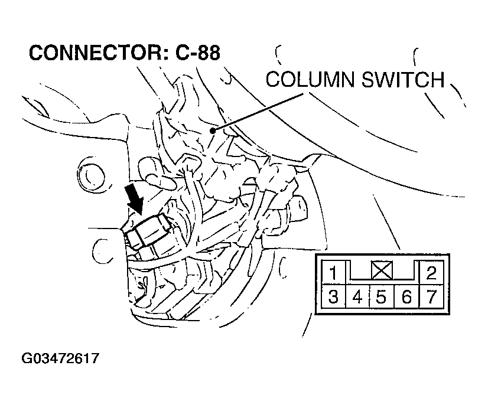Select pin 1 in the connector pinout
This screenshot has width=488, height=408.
pyautogui.click(x=333, y=273)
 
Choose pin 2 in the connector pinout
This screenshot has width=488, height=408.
pyautogui.click(x=431, y=273)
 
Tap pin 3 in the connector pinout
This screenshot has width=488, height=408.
pyautogui.click(x=333, y=296)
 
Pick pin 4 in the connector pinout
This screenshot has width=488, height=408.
pyautogui.click(x=357, y=296)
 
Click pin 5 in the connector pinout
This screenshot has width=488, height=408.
pyautogui.click(x=382, y=296)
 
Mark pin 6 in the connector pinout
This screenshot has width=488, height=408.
pyautogui.click(x=406, y=296)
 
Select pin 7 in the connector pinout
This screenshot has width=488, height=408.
pyautogui.click(x=431, y=296)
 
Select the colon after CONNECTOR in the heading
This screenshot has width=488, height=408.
pyautogui.click(x=167, y=54)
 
